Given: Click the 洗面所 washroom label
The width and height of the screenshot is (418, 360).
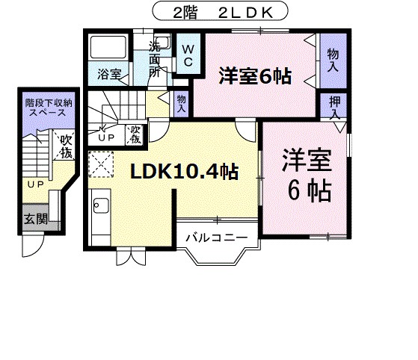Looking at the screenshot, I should tap(155, 59).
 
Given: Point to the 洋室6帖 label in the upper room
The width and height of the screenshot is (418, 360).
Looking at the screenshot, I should tap(254, 76).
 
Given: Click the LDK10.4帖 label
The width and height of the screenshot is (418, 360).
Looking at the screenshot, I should tap(184, 173).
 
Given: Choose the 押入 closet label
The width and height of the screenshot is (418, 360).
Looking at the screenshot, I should tap(334, 108).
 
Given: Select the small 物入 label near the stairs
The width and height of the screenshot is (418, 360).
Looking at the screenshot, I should tap(181, 102).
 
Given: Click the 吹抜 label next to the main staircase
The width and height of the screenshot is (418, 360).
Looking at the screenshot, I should tap(135, 135).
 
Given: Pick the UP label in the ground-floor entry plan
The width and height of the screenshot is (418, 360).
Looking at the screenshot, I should tap(35, 184).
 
